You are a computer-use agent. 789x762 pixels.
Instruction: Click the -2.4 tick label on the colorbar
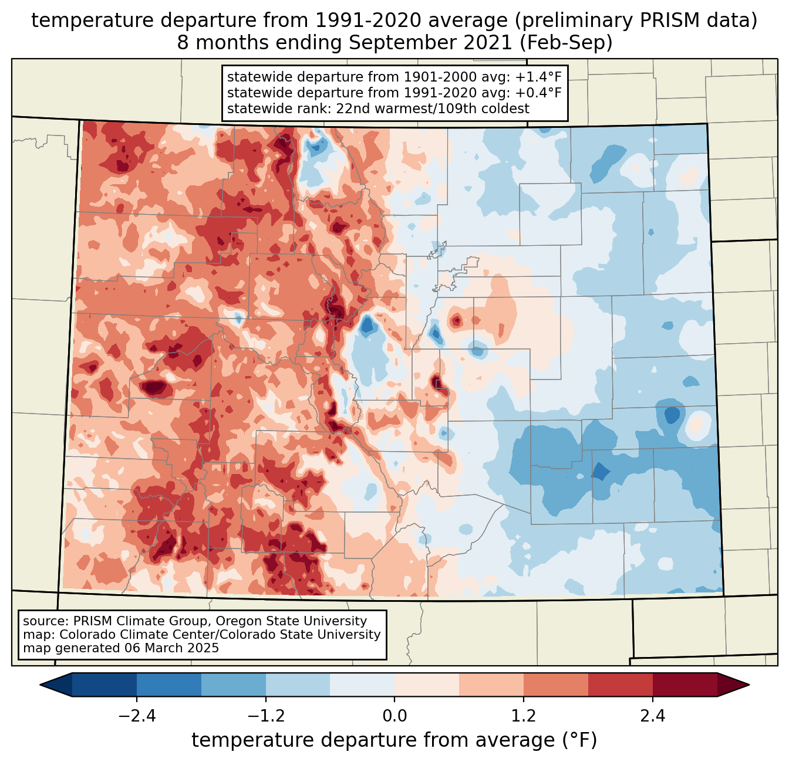pyautogui.click(x=137, y=716)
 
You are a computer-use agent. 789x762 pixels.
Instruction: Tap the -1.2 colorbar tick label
pyautogui.click(x=266, y=716)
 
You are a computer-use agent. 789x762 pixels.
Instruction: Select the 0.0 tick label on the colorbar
pyautogui.click(x=394, y=716)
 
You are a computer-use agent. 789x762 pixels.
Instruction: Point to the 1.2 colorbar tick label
pyautogui.click(x=524, y=716)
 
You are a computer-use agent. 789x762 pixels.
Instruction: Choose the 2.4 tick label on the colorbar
pyautogui.click(x=652, y=716)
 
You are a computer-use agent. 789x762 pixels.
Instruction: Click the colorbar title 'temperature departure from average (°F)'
pyautogui.click(x=394, y=740)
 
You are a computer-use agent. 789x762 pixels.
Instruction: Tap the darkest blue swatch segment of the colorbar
pyautogui.click(x=104, y=685)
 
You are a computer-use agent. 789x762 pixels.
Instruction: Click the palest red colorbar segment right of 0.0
pyautogui.click(x=427, y=685)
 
